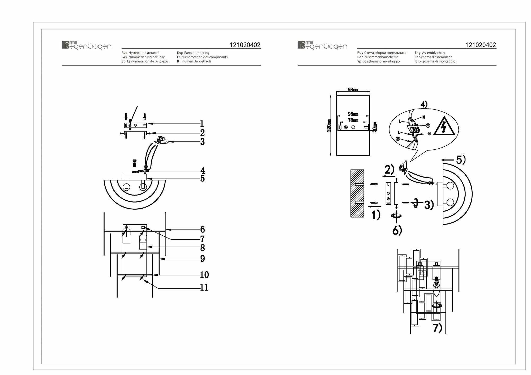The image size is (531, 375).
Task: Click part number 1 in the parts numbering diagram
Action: coord(202,123)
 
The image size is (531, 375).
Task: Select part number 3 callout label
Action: coord(202,142)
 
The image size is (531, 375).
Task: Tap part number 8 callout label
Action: coord(202,248)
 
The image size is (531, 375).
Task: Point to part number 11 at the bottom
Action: coord(204,287)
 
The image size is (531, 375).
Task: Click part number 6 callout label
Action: coord(202,229)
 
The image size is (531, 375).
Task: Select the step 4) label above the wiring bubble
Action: coord(424,105)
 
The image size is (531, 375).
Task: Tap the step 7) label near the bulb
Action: coord(437,328)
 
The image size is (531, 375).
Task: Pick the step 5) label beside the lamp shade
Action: coord(461,160)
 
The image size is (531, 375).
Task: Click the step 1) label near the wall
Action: coord(376,215)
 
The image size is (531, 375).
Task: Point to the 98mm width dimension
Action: coord(353,90)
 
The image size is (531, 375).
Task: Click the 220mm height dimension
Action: coord(329,126)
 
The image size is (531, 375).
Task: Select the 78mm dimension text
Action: coord(353,120)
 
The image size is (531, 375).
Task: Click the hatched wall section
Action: coord(357,193)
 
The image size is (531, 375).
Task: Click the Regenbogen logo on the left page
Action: coord(86,45)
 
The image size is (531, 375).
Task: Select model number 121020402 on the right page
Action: coord(481,45)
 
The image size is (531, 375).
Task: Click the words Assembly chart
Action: coord(433,53)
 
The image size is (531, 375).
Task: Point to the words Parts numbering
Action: coord(196,53)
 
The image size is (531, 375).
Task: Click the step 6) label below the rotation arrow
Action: coord(397,231)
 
